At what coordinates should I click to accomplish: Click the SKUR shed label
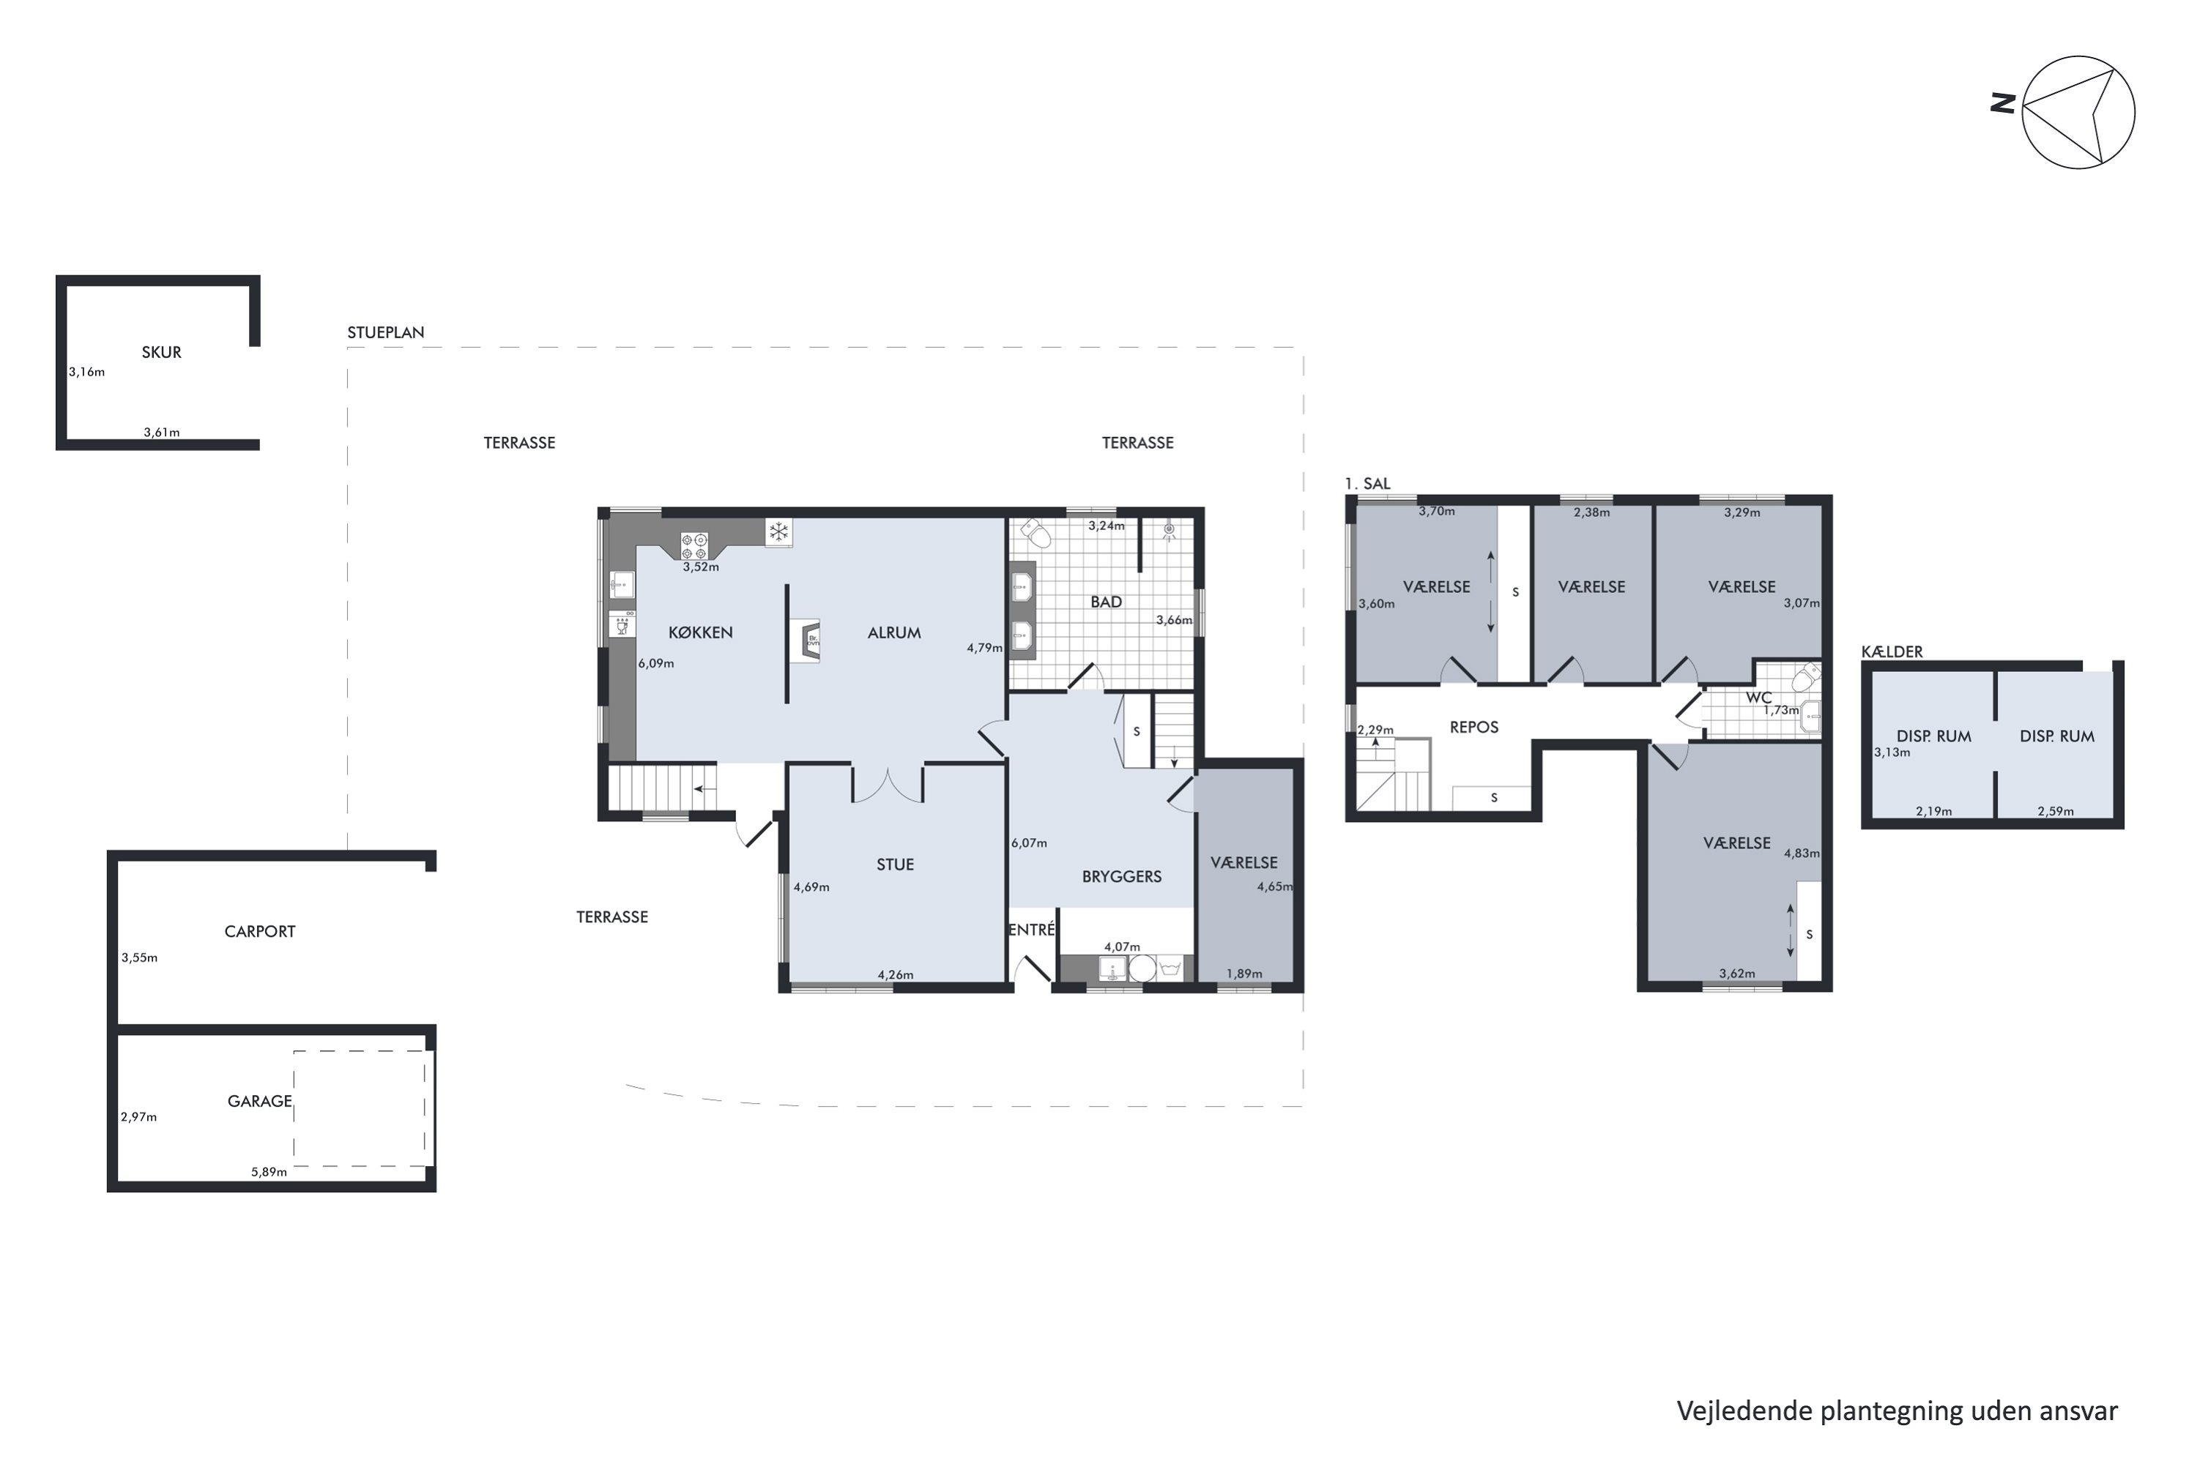click(162, 352)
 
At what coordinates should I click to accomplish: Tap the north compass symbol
click(2078, 113)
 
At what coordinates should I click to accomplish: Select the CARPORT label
click(260, 931)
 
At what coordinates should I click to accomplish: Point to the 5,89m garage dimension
click(269, 1172)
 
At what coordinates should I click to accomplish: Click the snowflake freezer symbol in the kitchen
click(778, 532)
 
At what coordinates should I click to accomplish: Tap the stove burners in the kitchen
click(694, 545)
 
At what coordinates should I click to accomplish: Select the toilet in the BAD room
click(1036, 533)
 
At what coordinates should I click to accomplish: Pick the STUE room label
click(895, 864)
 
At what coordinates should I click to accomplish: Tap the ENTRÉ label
click(1031, 930)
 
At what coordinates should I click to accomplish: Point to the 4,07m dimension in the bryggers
click(1122, 946)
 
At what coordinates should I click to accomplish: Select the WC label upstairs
click(1759, 698)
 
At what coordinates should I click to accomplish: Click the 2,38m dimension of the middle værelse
click(1591, 512)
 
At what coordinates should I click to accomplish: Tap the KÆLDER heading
click(1892, 651)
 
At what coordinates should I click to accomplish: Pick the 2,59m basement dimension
click(2056, 811)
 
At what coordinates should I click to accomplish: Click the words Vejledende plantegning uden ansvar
click(1897, 1411)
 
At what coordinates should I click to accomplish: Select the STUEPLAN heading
click(386, 332)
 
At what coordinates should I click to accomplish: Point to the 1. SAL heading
click(1367, 484)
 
